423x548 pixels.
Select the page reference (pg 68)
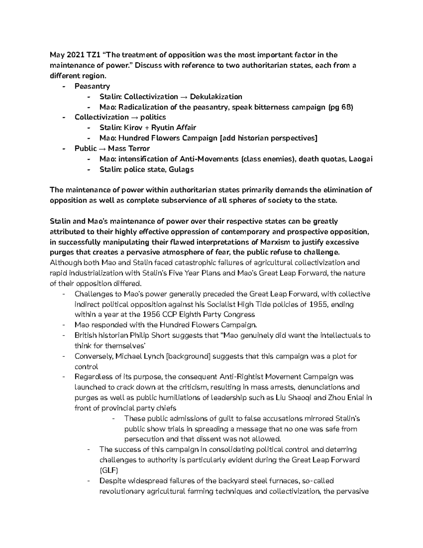341,107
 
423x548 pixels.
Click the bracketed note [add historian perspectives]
268,138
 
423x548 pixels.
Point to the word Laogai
360,159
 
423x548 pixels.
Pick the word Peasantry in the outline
92,86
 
